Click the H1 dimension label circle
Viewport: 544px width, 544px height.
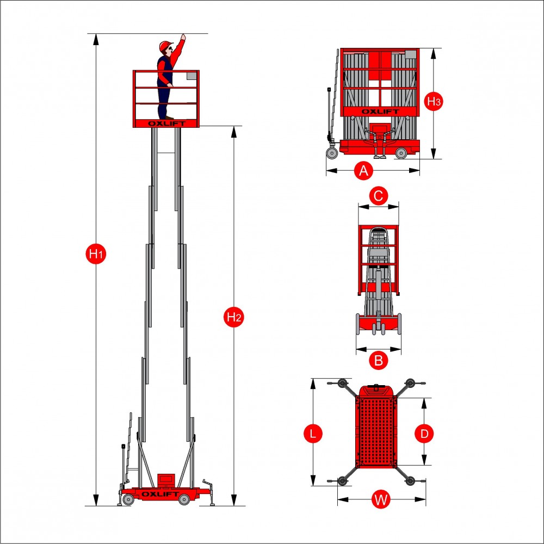[x=96, y=254]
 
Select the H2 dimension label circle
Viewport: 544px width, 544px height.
[x=234, y=317]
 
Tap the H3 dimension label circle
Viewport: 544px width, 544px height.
[x=434, y=101]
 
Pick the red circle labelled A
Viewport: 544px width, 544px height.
[x=363, y=171]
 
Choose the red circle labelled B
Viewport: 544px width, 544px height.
[x=379, y=360]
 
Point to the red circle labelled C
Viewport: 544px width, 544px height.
[x=379, y=196]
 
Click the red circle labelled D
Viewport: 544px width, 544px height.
[x=424, y=434]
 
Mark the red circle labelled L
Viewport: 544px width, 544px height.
[x=313, y=434]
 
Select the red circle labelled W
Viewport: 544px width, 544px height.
[x=381, y=499]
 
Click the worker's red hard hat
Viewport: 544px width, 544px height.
[x=166, y=46]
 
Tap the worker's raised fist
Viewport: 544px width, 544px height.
[x=183, y=36]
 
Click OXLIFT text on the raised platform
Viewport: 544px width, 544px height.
[x=167, y=123]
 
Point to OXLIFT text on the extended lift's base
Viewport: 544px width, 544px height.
[x=160, y=494]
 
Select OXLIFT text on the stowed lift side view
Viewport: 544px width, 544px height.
[x=380, y=112]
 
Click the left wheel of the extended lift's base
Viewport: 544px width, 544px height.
[x=128, y=499]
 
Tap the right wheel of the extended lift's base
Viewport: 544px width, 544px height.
[x=184, y=499]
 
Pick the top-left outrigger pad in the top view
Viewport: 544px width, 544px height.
[x=342, y=384]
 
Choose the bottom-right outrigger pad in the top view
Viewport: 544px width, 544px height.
[x=410, y=481]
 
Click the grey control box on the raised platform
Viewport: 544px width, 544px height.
[x=191, y=76]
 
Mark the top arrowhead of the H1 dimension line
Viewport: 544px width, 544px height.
[x=96, y=39]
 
